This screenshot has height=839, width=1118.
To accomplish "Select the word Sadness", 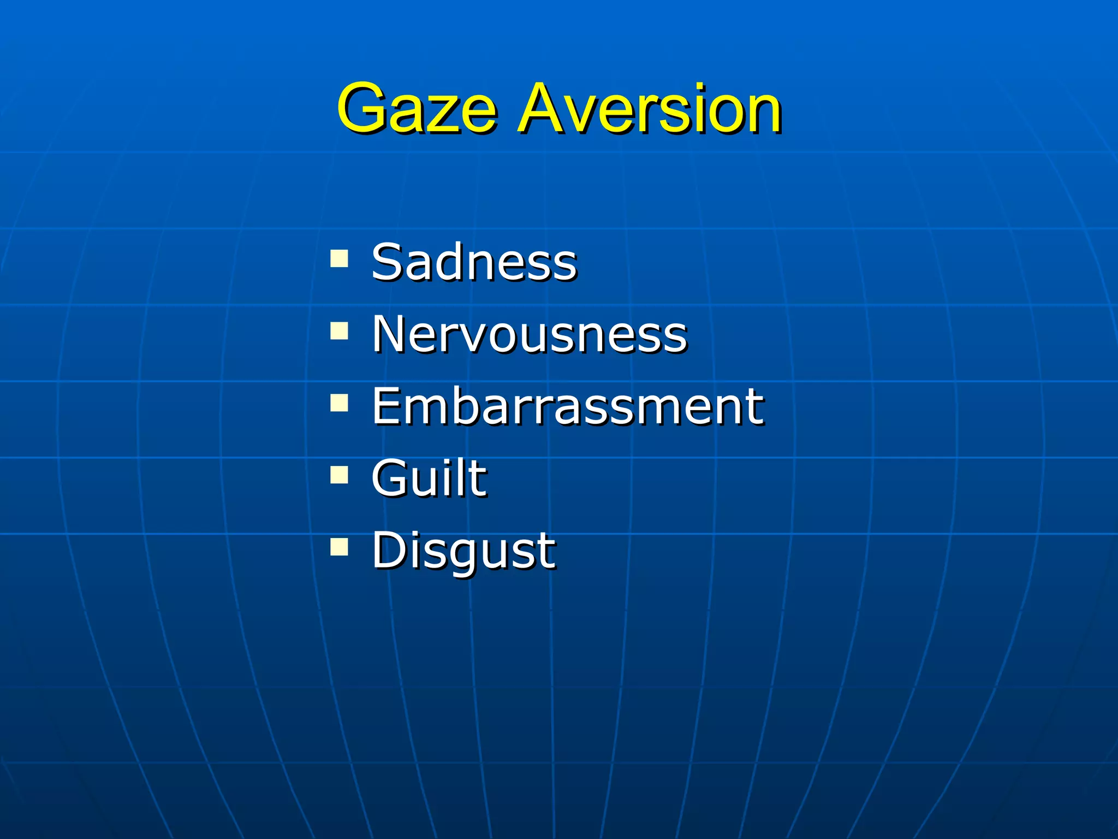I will click(474, 262).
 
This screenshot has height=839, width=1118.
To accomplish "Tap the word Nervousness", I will click(530, 334).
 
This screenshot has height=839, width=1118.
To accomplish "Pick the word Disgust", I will click(463, 551).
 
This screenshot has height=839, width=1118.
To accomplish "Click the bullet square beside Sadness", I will click(339, 258).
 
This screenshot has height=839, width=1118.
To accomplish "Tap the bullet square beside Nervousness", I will click(339, 330).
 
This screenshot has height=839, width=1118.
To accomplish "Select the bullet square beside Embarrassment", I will click(339, 403).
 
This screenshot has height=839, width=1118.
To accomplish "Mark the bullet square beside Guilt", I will click(339, 475).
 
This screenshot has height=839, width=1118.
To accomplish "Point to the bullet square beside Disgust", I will click(339, 547).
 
